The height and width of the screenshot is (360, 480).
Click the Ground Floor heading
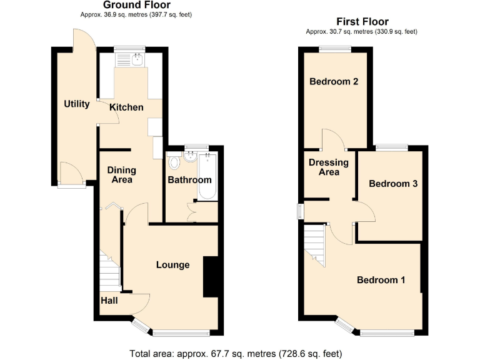click(x=136, y=5)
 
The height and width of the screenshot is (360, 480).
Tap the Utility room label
click(x=77, y=104)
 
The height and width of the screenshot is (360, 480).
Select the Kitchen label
click(x=126, y=107)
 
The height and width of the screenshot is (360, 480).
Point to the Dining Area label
click(x=121, y=174)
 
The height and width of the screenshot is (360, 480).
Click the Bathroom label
click(x=190, y=180)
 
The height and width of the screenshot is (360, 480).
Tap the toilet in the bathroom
click(x=174, y=162)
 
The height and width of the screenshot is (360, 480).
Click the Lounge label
click(x=172, y=265)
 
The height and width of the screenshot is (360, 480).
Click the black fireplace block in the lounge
click(x=211, y=276)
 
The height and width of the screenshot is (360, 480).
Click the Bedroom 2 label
click(x=334, y=82)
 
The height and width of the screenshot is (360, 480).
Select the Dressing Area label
click(x=329, y=167)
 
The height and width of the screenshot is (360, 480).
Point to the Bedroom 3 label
click(x=393, y=184)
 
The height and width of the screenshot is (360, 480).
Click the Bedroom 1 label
click(x=381, y=280)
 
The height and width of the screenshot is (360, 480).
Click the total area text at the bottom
click(x=236, y=353)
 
